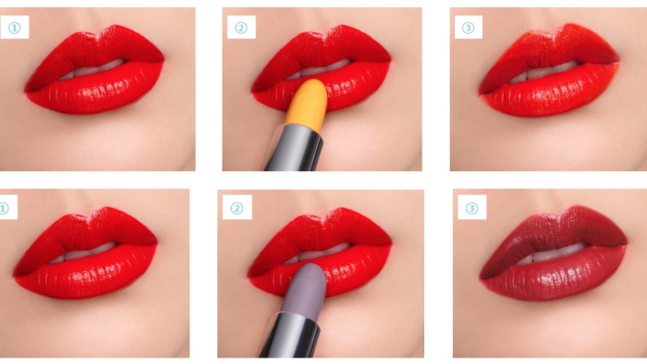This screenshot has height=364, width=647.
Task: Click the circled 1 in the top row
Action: pos(14,28)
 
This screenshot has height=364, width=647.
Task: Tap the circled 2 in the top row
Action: pos(241,28)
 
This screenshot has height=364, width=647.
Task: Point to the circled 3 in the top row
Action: pos(468,28)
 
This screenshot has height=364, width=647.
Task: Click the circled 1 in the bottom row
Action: pos(4,208)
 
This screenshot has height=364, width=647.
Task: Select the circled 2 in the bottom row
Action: pos(237,208)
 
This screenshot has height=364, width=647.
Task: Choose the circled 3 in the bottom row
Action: pos(472,208)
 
